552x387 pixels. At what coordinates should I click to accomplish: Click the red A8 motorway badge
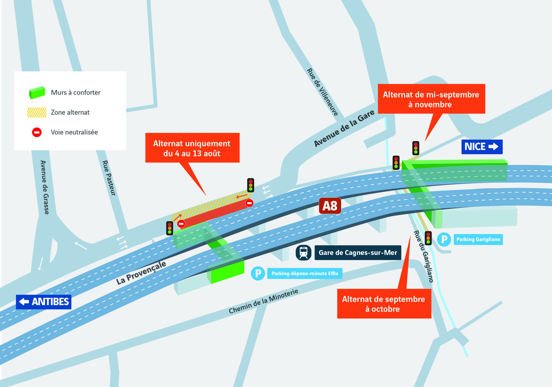point(330,206)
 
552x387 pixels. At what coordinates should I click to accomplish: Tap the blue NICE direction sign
point(482,147)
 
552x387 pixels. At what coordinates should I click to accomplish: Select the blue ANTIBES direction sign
point(44,302)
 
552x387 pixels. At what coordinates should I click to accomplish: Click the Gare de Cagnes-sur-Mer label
point(358,253)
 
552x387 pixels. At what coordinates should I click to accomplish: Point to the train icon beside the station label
point(303,253)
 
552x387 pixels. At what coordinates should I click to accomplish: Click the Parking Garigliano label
point(478,239)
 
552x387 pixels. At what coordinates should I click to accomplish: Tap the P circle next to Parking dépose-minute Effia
point(258,273)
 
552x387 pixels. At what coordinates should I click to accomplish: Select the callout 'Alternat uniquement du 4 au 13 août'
point(192,148)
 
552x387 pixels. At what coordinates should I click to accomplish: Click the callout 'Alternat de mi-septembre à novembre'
point(431,99)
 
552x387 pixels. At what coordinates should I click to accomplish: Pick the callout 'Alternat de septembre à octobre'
point(384,304)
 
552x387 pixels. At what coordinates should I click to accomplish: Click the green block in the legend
point(37,93)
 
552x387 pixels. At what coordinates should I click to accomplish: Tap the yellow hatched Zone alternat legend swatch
point(37,112)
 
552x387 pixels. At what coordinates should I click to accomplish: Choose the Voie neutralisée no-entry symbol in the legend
point(37,132)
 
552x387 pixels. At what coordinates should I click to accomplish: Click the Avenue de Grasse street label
point(45,187)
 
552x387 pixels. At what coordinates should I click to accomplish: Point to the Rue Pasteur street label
point(109,178)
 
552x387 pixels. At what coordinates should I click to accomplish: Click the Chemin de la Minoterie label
point(263,301)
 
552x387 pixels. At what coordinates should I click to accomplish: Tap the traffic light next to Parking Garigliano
point(428,238)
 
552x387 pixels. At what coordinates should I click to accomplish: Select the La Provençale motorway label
point(141,273)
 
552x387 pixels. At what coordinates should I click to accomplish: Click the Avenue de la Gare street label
point(344,128)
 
